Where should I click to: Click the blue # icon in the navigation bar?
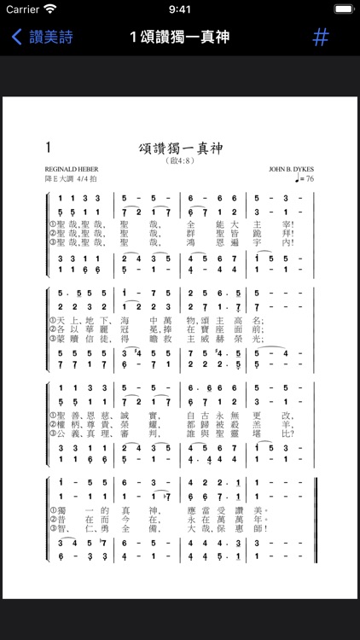(x=321, y=38)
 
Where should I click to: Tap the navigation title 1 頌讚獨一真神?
(x=179, y=38)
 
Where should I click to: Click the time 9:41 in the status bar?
(x=180, y=10)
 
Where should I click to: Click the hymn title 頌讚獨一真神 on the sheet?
(x=180, y=148)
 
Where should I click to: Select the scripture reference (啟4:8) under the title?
(x=180, y=160)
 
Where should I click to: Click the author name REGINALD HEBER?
(x=70, y=171)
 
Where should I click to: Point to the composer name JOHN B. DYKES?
(x=291, y=171)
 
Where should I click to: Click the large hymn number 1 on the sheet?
(x=49, y=147)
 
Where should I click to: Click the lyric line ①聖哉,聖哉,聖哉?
(x=171, y=225)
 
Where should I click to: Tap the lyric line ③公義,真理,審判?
(x=171, y=433)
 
